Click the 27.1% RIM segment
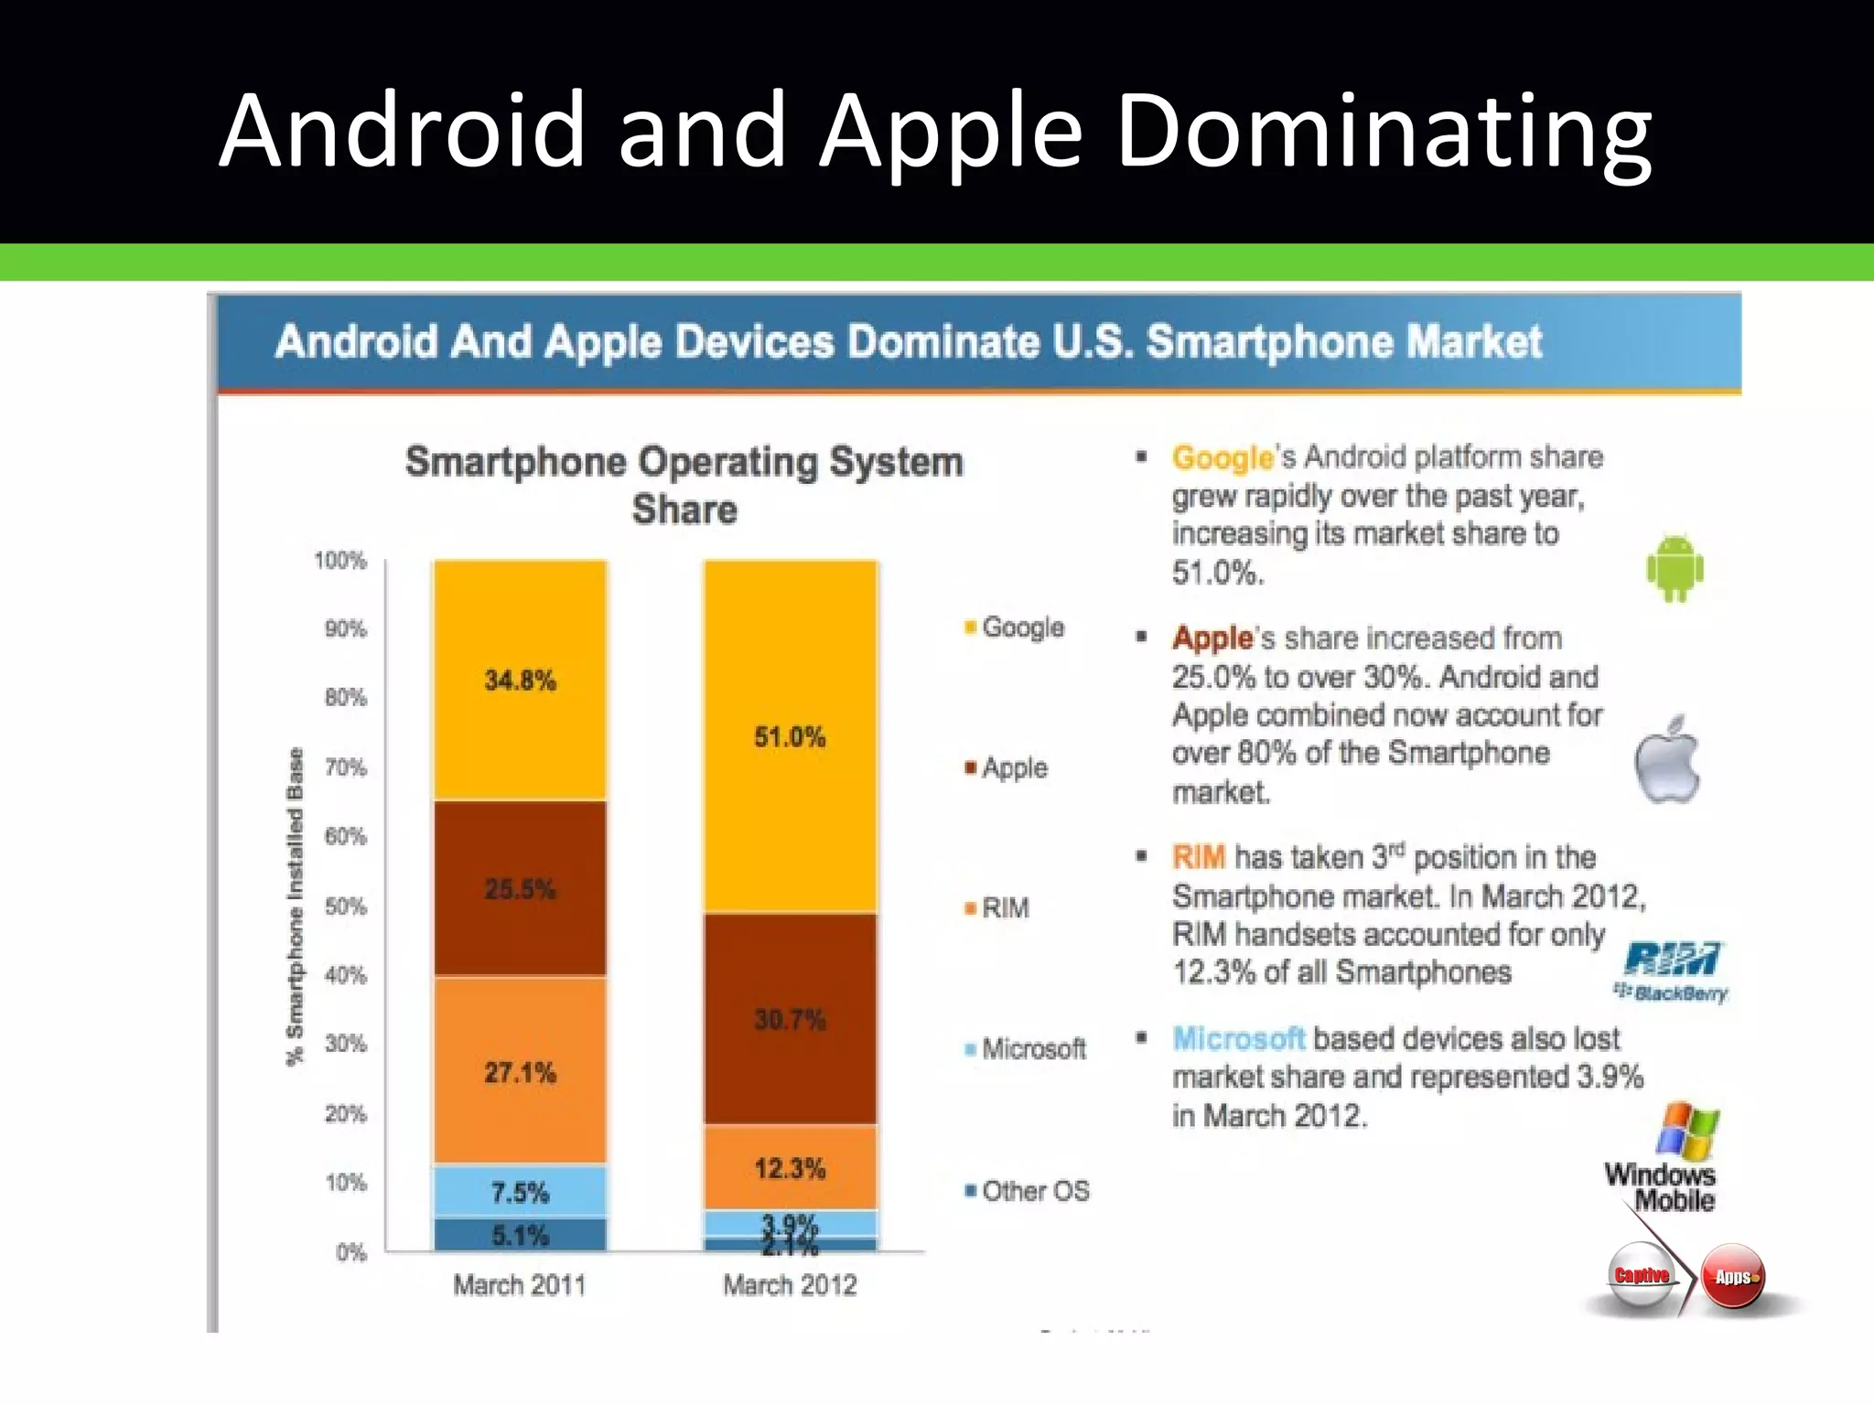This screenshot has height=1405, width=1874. point(520,1072)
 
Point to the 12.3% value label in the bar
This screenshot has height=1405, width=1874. point(790,1168)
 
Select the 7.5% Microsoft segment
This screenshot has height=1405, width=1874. point(520,1192)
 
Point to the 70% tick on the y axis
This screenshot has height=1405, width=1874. point(345,767)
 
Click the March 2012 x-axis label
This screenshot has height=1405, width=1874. point(790,1285)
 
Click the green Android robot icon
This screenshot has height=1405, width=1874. point(1675,568)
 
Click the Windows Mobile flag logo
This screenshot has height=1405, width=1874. point(1687,1132)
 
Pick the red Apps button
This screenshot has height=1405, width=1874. point(1732,1277)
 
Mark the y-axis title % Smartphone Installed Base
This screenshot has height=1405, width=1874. point(295,906)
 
